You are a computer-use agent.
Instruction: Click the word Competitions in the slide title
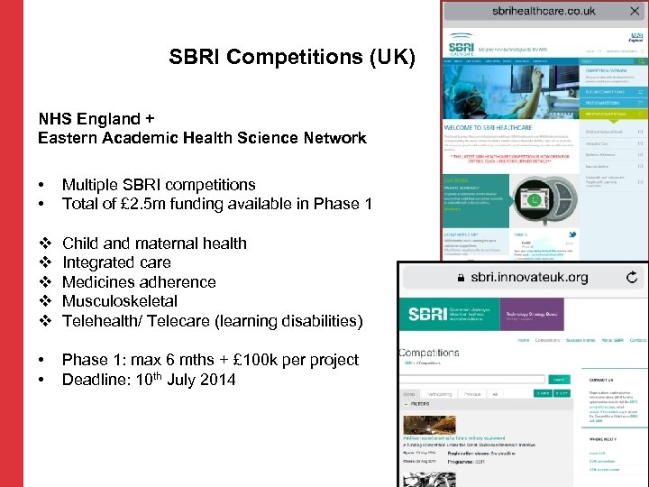(x=290, y=58)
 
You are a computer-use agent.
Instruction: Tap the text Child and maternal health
(x=154, y=243)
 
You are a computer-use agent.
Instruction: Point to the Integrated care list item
(x=116, y=262)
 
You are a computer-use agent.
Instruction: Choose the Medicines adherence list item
(x=139, y=281)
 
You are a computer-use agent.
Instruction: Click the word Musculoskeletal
(x=120, y=301)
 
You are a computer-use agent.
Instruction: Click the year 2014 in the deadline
(x=216, y=380)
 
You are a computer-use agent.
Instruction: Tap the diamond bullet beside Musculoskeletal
(x=43, y=301)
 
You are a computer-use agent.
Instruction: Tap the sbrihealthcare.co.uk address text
(x=544, y=11)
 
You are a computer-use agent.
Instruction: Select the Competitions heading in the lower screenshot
(x=429, y=353)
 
